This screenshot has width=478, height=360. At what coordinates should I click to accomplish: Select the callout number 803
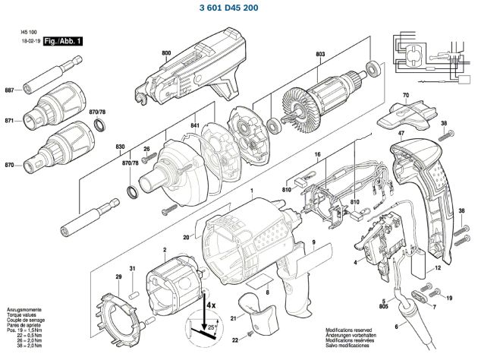tap(320, 54)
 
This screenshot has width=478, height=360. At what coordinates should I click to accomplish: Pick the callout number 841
tap(195, 125)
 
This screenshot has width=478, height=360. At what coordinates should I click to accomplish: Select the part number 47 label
tap(401, 134)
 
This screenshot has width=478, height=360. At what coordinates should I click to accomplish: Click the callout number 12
tap(439, 269)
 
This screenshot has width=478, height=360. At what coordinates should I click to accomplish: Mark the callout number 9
tap(312, 242)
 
